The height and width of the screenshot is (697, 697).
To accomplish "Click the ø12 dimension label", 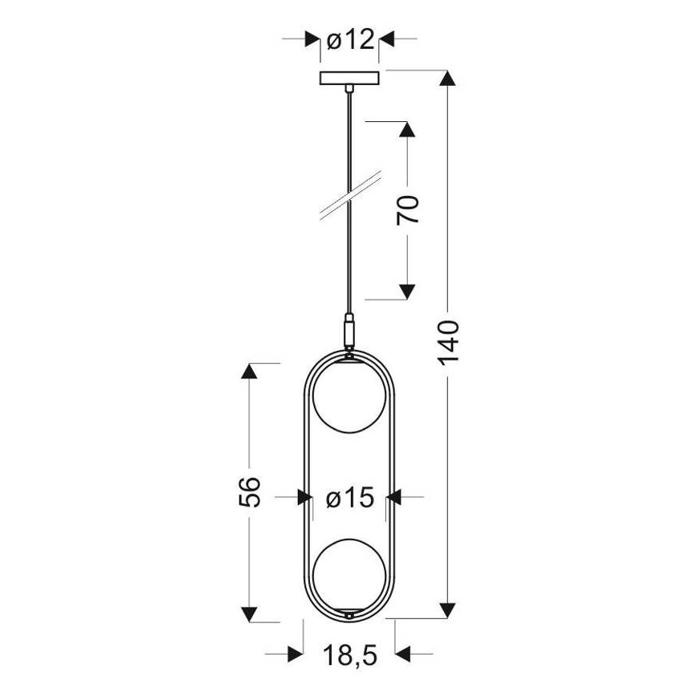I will [x=350, y=39].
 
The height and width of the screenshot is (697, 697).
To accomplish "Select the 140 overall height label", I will [x=450, y=343].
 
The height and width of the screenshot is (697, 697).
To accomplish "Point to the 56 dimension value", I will [x=251, y=491].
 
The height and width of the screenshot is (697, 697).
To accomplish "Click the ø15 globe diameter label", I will [x=350, y=499].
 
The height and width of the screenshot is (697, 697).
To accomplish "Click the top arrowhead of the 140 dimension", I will [x=450, y=79].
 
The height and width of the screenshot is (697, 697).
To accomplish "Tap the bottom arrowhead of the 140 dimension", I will [x=450, y=610].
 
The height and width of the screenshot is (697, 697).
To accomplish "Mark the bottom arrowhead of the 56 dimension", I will [x=251, y=613].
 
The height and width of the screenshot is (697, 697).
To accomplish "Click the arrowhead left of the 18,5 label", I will [x=295, y=654].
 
